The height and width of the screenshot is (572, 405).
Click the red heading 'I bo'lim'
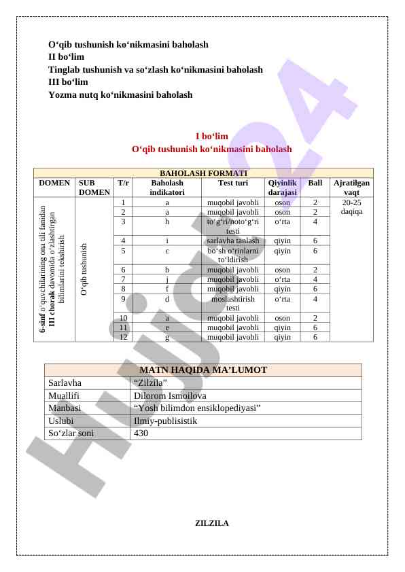coord(211,137)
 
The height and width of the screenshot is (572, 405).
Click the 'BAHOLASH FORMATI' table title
coord(203,173)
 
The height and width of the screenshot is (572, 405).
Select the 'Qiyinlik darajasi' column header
coord(282,187)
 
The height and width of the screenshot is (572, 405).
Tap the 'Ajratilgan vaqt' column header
coord(351,187)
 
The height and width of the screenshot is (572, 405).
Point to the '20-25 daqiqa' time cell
coord(351,207)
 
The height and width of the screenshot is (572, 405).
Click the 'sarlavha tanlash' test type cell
coord(232,240)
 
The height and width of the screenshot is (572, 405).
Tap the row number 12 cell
coord(123,336)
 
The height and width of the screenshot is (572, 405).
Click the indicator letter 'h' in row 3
coord(167,221)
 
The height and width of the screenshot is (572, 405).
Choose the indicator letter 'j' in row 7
coord(167,279)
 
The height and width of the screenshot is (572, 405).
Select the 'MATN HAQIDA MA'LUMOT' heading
coord(202,370)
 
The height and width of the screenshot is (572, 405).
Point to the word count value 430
coord(141,433)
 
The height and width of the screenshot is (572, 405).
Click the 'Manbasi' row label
coord(65,408)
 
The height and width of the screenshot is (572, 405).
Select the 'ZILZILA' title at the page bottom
coord(212,523)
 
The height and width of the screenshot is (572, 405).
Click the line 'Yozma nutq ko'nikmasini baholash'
coord(120,95)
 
